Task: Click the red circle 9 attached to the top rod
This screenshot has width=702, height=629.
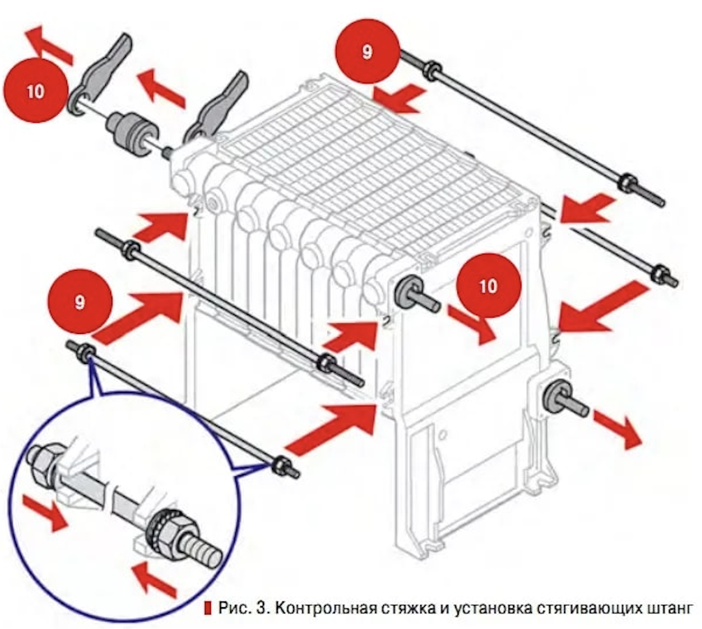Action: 367,52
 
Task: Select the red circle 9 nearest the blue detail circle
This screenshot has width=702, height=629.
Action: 80,302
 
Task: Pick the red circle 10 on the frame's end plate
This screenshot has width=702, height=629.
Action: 488,285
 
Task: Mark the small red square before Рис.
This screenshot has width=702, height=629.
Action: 207,608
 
